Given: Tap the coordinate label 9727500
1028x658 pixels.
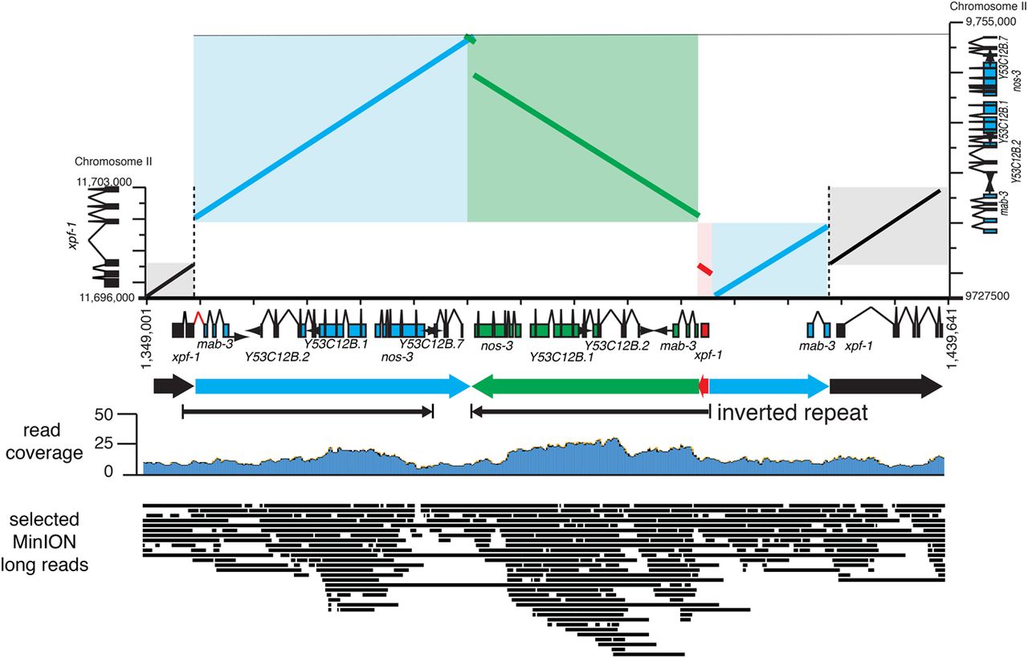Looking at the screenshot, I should pos(984,296).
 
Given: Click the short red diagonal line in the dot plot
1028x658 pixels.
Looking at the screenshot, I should pos(704,268).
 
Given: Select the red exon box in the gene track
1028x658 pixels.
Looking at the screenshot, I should pos(705,330).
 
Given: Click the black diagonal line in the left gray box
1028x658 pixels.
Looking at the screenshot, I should pos(169,279).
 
